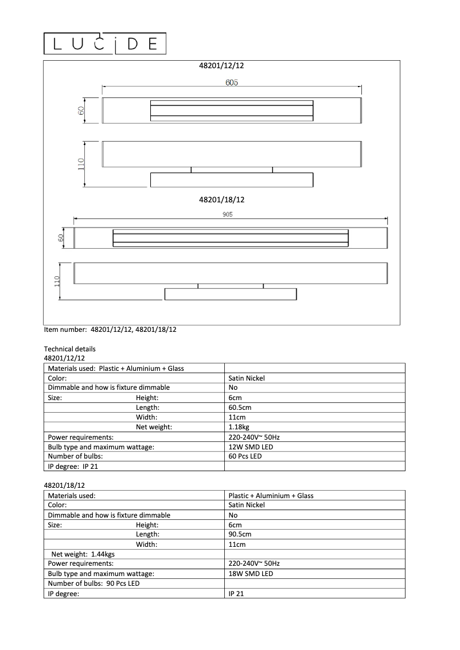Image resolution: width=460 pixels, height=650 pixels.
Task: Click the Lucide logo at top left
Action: click(106, 44)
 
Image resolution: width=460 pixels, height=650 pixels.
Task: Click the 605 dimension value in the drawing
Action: click(232, 83)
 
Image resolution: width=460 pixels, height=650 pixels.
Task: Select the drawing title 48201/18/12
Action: click(221, 200)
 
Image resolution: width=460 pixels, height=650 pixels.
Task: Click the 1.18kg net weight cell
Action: click(239, 427)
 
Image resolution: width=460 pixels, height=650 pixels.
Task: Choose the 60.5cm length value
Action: click(240, 408)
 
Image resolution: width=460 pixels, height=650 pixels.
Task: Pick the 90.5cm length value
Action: click(240, 534)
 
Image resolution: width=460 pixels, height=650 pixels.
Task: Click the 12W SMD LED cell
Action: click(251, 447)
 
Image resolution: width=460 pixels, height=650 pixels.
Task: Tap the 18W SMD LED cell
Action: click(251, 574)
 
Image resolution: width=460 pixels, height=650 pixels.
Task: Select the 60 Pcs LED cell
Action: click(245, 456)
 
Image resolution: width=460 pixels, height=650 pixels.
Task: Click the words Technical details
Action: click(70, 349)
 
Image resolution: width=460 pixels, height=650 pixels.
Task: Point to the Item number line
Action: click(110, 330)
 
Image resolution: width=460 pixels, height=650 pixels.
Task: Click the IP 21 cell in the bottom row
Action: click(236, 594)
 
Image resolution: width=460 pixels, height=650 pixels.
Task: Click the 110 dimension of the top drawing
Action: click(81, 164)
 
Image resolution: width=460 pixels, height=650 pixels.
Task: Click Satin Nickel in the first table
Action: click(247, 378)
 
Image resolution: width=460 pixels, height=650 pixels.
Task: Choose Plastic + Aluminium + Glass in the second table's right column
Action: click(271, 496)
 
